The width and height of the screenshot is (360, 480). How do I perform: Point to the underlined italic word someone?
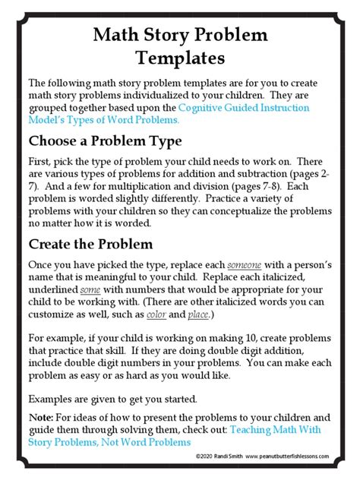coord(245,265)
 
